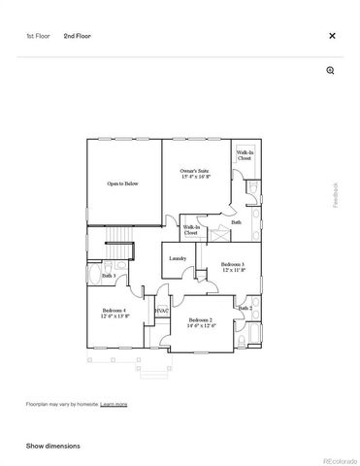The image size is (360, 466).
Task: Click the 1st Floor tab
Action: click(x=38, y=36)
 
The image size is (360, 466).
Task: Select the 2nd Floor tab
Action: click(x=77, y=36)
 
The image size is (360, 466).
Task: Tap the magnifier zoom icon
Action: click(x=331, y=71)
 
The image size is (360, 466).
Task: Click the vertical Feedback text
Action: click(x=337, y=195)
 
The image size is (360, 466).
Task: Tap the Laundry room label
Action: click(x=178, y=258)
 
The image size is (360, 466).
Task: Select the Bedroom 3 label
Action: click(x=232, y=267)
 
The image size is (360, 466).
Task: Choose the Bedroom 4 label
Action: click(x=115, y=314)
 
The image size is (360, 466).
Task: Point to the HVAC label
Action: click(x=162, y=311)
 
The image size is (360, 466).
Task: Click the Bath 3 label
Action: click(x=109, y=276)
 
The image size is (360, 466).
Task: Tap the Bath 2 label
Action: click(x=245, y=308)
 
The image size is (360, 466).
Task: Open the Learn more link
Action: click(x=114, y=403)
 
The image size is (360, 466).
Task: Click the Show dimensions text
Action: click(x=53, y=446)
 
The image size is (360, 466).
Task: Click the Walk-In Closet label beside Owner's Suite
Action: click(x=245, y=155)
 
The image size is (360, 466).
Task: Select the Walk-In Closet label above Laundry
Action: click(x=191, y=230)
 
